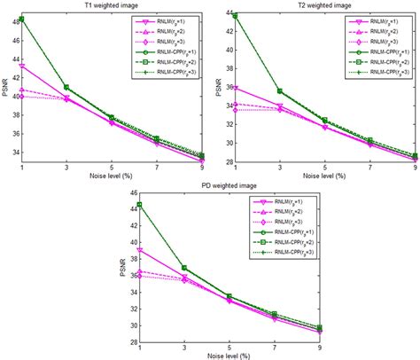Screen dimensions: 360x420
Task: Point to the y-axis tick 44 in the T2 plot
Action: (228, 14)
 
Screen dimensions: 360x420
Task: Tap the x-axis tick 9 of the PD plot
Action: (319, 347)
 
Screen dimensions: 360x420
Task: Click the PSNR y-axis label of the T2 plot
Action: (218, 88)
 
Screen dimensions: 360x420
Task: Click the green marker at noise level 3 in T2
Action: (280, 91)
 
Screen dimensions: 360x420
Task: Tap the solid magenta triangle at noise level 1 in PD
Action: (139, 250)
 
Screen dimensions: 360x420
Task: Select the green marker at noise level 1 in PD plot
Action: (139, 205)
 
